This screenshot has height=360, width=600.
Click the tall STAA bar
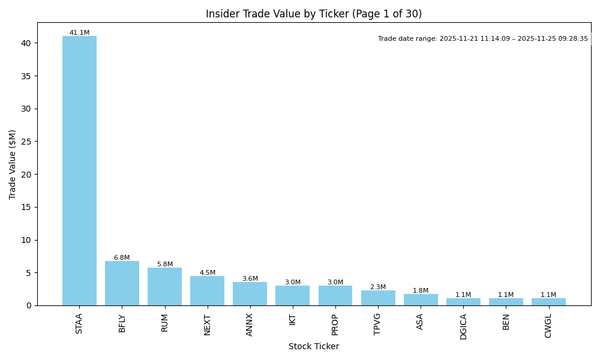(79, 171)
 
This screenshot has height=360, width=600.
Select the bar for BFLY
(122, 283)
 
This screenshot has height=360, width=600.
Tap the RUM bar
(164, 287)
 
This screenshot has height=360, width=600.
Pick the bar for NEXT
(207, 291)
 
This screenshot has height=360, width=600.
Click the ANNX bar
(250, 294)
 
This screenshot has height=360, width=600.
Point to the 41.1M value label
(79, 33)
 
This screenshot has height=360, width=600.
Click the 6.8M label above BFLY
(122, 258)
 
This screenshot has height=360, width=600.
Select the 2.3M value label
(378, 287)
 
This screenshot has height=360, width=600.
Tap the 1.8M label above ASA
(421, 291)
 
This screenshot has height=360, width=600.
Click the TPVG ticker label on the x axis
(377, 323)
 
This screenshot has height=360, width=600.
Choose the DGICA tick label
(463, 326)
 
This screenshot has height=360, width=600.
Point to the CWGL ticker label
(548, 325)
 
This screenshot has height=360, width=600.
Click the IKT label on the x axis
(292, 319)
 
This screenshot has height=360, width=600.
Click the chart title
(314, 14)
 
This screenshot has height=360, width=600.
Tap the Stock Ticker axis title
(314, 347)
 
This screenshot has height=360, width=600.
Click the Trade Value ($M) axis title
(13, 164)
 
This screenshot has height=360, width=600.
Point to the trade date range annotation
(483, 39)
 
